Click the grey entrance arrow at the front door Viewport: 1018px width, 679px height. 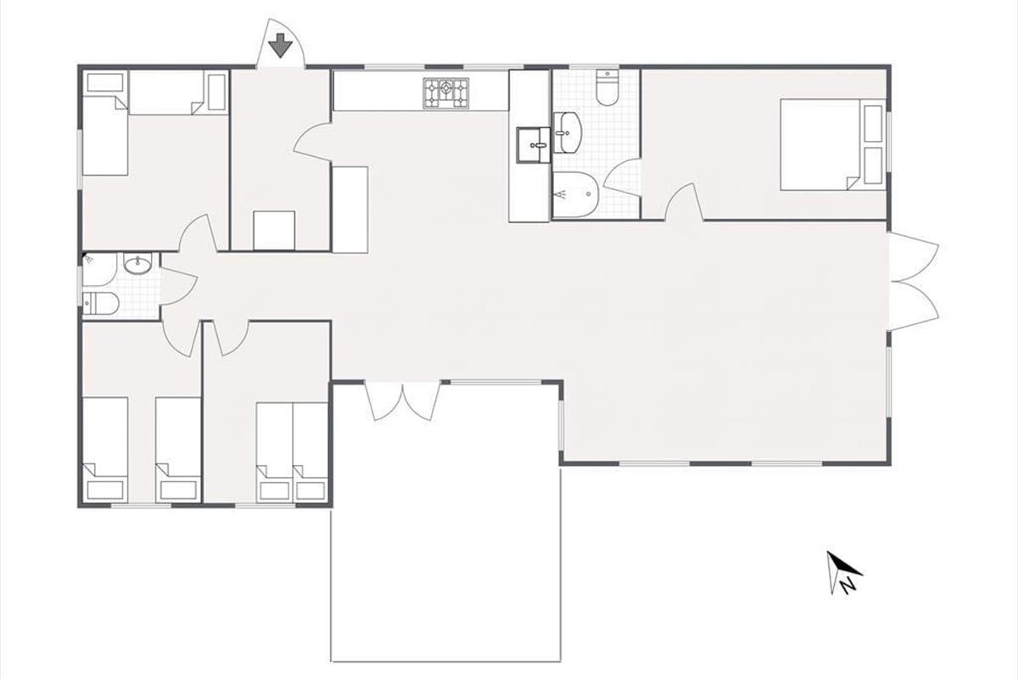pyautogui.click(x=280, y=46)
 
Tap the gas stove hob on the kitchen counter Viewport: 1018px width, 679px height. pyautogui.click(x=445, y=93)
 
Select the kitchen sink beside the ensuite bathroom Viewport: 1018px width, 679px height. pyautogui.click(x=533, y=144)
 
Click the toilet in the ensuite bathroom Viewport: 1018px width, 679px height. pyautogui.click(x=607, y=87)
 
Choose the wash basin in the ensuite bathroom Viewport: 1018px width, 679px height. pyautogui.click(x=568, y=132)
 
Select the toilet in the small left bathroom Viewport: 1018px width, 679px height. pyautogui.click(x=101, y=303)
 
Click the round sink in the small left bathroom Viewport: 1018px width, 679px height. pyautogui.click(x=137, y=264)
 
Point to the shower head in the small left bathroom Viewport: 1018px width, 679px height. pyautogui.click(x=88, y=259)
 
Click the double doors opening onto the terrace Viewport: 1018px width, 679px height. pyautogui.click(x=403, y=402)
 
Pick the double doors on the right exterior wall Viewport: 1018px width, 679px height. pyautogui.click(x=913, y=282)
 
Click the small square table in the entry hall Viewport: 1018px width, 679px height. pyautogui.click(x=274, y=230)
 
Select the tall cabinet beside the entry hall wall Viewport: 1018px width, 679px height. pyautogui.click(x=350, y=209)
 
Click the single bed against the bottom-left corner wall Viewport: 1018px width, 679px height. pyautogui.click(x=105, y=450)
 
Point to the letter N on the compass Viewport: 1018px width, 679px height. pyautogui.click(x=847, y=586)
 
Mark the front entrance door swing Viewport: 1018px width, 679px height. pyautogui.click(x=280, y=43)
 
